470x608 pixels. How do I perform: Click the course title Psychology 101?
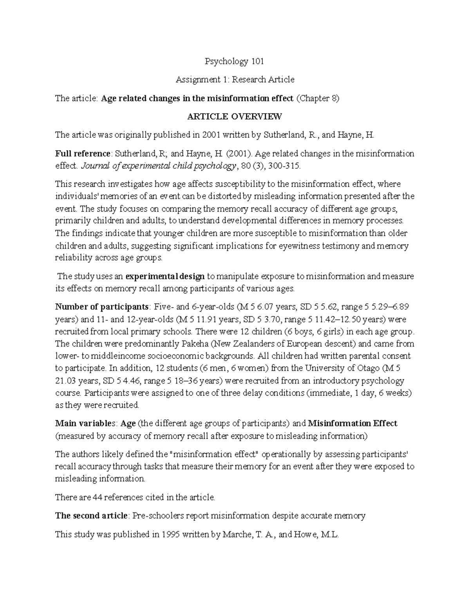click(235, 61)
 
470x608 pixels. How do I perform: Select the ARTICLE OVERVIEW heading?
click(235, 116)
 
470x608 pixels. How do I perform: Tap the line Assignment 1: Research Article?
click(235, 80)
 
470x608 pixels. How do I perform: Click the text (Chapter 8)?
click(317, 98)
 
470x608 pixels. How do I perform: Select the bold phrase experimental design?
click(165, 276)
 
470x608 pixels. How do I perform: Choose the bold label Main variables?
click(85, 424)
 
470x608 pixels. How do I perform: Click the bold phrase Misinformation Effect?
click(352, 424)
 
